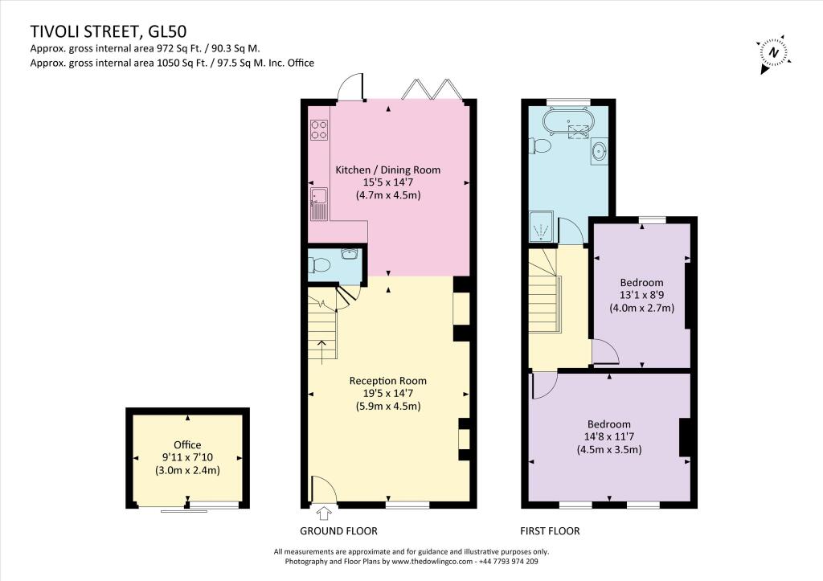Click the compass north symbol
772,52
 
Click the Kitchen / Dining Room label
388,170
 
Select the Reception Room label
388,381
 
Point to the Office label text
187,444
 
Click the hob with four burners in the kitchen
318,129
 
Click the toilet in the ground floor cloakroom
321,265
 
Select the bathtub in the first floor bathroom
568,123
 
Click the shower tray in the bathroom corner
540,231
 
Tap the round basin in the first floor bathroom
600,150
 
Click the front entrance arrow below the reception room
325,514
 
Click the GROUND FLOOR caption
338,531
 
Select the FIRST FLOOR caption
551,531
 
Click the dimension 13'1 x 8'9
641,295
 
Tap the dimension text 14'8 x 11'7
608,437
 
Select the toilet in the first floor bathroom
540,146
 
